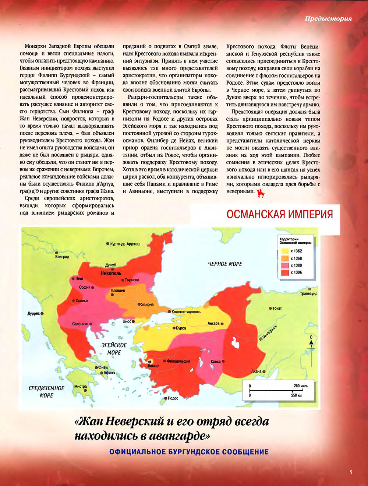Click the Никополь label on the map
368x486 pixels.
click(111, 273)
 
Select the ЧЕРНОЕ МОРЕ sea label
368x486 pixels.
click(225, 264)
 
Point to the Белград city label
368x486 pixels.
click(62, 257)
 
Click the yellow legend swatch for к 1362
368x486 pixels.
click(284, 251)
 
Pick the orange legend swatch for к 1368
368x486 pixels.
click(284, 258)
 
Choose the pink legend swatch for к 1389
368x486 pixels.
click(284, 265)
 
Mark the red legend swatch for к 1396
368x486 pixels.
click(284, 272)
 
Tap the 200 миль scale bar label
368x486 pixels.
click(301, 386)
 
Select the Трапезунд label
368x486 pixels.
click(308, 293)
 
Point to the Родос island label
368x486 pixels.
click(173, 398)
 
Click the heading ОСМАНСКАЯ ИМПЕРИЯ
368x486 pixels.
click(280, 215)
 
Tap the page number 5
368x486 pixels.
click(351, 472)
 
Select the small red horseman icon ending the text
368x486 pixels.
click(261, 193)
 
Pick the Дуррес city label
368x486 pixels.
click(33, 314)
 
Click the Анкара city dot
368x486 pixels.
click(222, 324)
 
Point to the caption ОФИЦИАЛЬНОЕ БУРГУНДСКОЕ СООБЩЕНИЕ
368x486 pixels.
click(189, 452)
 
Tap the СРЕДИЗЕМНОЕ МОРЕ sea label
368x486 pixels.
click(46, 392)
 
